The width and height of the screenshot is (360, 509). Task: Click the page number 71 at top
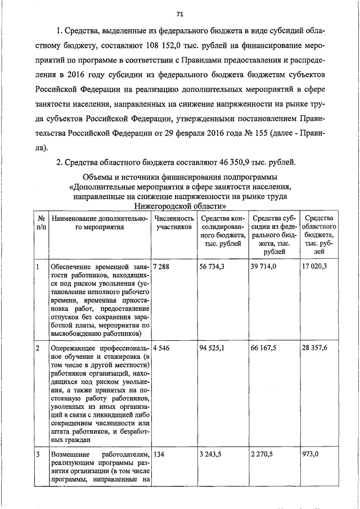click(179, 13)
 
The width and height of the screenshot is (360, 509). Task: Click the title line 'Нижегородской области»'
click(179, 206)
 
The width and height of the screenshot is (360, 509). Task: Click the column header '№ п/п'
click(41, 223)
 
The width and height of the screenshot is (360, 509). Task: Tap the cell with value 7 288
click(161, 267)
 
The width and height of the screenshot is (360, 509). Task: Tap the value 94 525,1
click(212, 348)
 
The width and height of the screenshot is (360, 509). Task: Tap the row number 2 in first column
click(38, 348)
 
